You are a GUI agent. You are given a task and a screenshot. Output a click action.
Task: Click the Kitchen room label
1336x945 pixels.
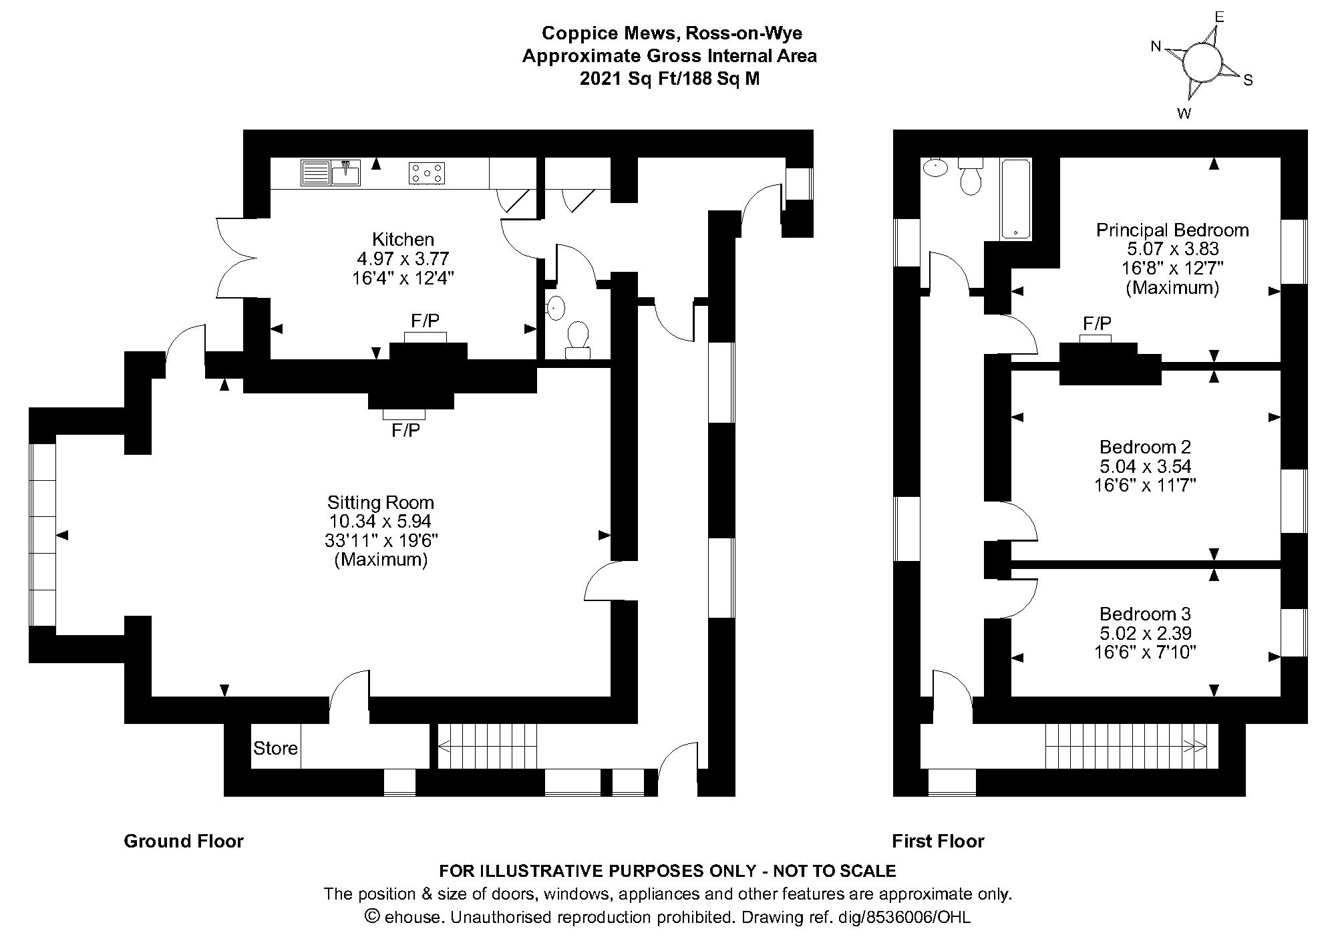(x=403, y=239)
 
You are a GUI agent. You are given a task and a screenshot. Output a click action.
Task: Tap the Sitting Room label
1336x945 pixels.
(x=381, y=502)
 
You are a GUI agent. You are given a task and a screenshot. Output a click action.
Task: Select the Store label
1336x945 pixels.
(x=275, y=748)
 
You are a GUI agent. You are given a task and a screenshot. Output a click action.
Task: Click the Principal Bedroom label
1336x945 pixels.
(x=1172, y=230)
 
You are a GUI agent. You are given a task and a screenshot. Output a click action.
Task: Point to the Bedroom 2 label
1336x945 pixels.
(x=1146, y=447)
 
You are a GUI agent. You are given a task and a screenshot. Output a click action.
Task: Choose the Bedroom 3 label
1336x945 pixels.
(x=1146, y=614)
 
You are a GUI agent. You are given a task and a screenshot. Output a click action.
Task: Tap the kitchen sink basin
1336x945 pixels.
(x=346, y=172)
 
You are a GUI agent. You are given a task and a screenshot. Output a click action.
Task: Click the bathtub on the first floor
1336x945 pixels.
(x=1015, y=199)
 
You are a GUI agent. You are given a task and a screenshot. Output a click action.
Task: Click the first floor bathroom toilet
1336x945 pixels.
(x=970, y=176)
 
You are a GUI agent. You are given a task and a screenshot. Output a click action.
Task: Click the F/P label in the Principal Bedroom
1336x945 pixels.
(x=1097, y=324)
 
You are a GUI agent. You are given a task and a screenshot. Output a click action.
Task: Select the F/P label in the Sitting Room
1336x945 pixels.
(x=406, y=431)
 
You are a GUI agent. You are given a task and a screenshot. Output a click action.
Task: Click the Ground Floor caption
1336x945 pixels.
(x=184, y=841)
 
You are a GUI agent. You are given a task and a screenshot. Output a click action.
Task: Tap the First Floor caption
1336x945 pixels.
(x=939, y=841)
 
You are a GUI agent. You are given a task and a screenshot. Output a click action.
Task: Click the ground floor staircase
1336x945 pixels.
(x=488, y=747)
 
